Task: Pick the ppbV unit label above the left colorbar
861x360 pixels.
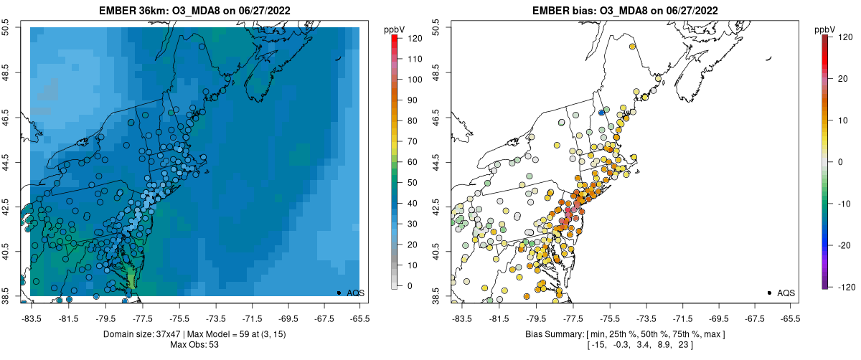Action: [395, 29]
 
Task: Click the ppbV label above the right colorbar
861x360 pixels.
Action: [825, 29]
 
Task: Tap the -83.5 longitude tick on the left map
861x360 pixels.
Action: [31, 318]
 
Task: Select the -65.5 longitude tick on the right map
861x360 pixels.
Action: [789, 318]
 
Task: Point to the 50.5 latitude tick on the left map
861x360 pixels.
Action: [8, 27]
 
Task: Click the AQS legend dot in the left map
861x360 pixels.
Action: [338, 293]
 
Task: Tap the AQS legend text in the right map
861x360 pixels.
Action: [786, 293]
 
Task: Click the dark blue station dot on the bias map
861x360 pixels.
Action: [601, 112]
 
